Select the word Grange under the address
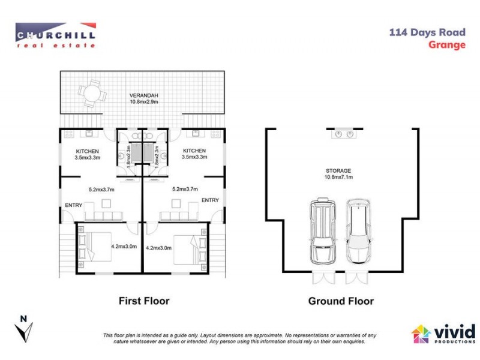[x=447, y=44]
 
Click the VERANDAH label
[x=142, y=95]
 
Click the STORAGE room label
[x=338, y=171]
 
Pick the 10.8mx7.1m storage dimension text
[x=338, y=178]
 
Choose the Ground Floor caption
[x=340, y=301]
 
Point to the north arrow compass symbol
[x=25, y=329]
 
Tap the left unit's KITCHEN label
[x=87, y=151]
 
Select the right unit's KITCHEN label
[x=194, y=151]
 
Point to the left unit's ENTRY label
[x=74, y=206]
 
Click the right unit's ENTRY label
[x=210, y=200]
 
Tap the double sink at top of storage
[x=344, y=134]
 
